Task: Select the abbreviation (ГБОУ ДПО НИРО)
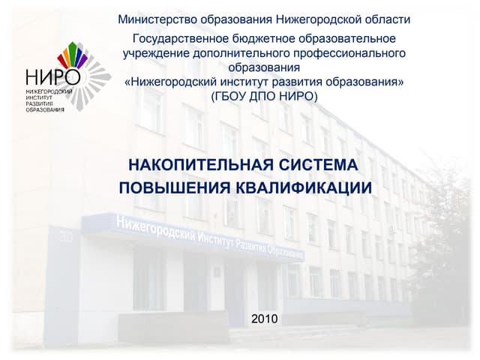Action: coord(265,96)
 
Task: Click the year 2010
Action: coord(265,319)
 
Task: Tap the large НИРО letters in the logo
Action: coord(52,77)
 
